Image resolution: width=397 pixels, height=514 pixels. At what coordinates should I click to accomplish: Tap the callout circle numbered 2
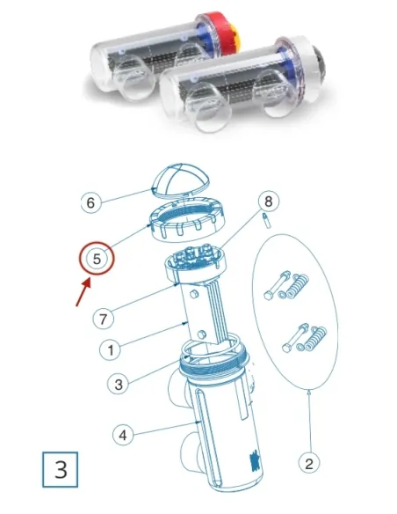[x=309, y=459]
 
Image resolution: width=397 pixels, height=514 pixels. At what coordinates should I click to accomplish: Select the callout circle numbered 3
[x=117, y=384]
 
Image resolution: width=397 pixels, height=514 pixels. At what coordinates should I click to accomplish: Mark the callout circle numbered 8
[x=268, y=202]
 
